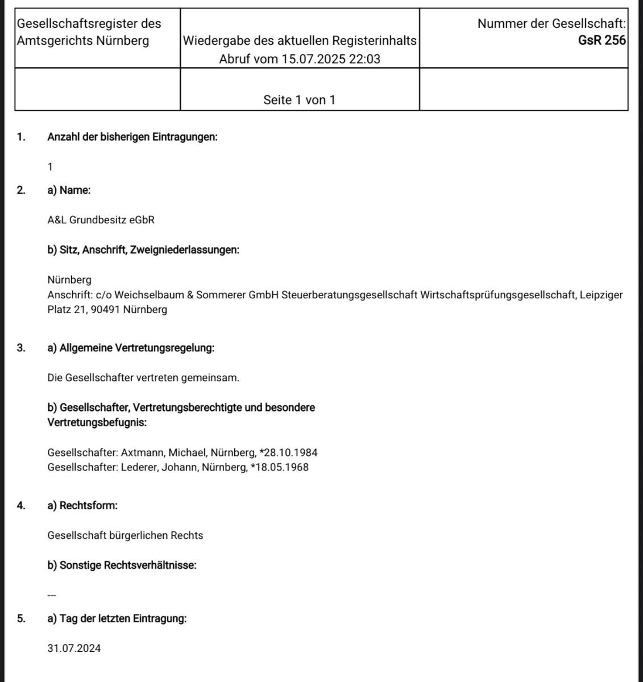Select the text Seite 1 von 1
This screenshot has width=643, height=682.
[299, 100]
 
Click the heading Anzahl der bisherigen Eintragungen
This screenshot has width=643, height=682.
[132, 137]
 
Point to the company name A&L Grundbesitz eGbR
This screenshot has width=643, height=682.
[101, 220]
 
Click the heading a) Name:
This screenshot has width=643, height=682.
[69, 190]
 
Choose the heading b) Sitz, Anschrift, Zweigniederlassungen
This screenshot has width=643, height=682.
[143, 250]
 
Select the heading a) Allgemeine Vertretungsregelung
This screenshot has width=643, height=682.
[131, 348]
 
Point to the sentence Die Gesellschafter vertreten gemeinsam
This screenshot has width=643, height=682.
[143, 378]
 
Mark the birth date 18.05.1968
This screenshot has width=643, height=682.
[281, 468]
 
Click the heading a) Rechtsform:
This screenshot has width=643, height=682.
[82, 505]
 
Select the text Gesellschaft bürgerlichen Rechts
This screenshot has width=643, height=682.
[125, 535]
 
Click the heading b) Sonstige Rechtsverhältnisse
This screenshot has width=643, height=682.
[122, 565]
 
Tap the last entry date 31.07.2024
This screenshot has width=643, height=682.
[74, 648]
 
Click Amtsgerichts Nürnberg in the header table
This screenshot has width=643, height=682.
[83, 41]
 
